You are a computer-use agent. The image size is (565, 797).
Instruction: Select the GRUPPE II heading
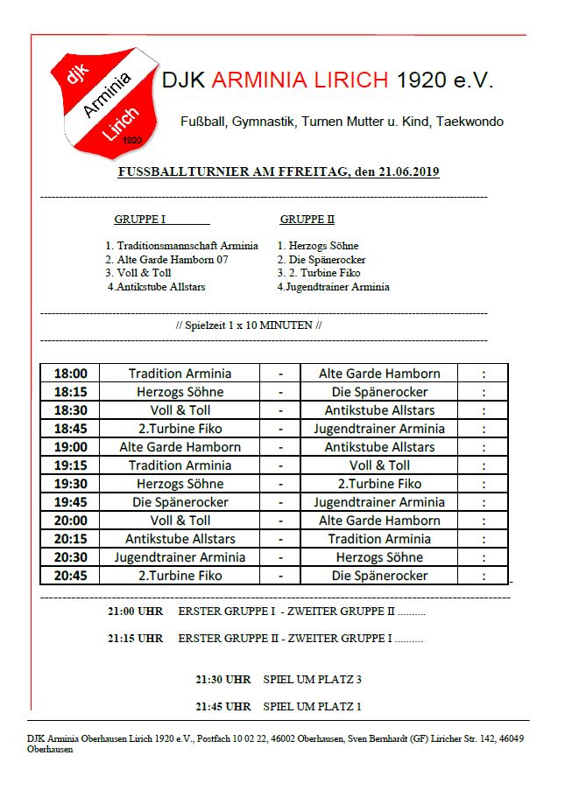click(x=307, y=220)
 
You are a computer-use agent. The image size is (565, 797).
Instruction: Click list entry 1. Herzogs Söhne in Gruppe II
click(x=318, y=246)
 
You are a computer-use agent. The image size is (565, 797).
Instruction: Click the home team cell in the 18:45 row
click(x=180, y=429)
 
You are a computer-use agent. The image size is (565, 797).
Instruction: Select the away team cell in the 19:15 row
click(x=378, y=465)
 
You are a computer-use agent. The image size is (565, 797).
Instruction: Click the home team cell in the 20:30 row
click(x=180, y=557)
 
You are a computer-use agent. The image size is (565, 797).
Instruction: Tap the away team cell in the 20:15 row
click(x=378, y=539)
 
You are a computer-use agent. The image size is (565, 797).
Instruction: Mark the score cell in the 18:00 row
click(x=483, y=374)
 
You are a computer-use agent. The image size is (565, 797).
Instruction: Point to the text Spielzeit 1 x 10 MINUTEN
click(x=249, y=325)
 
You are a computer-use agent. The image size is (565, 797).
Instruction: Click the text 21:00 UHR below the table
click(x=135, y=612)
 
